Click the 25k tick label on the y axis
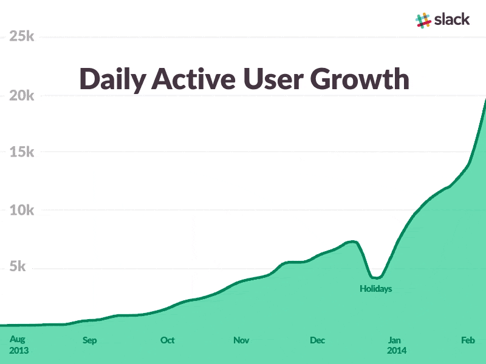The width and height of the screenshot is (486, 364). (x=21, y=37)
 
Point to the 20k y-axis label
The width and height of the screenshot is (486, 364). (x=21, y=96)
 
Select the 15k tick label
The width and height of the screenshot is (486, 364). (x=21, y=152)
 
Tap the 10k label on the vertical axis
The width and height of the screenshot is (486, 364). (x=21, y=211)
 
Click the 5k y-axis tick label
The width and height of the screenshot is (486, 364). (x=25, y=268)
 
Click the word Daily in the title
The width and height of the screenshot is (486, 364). (x=112, y=80)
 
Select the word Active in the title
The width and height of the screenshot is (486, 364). (x=194, y=79)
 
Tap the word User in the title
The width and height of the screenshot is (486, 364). (x=273, y=79)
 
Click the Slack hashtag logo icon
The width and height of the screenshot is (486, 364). (x=423, y=20)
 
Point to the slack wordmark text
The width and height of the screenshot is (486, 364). (x=452, y=19)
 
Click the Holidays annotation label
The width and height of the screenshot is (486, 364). (x=375, y=289)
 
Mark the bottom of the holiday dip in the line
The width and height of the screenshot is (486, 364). (x=375, y=278)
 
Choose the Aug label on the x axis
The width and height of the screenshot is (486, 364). (x=18, y=339)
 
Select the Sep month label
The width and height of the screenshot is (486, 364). (x=89, y=340)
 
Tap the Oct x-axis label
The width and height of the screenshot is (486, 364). (x=167, y=340)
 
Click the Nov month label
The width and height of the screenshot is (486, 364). (x=241, y=340)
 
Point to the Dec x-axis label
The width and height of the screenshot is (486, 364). (x=317, y=340)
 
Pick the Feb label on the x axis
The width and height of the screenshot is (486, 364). (x=467, y=340)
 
